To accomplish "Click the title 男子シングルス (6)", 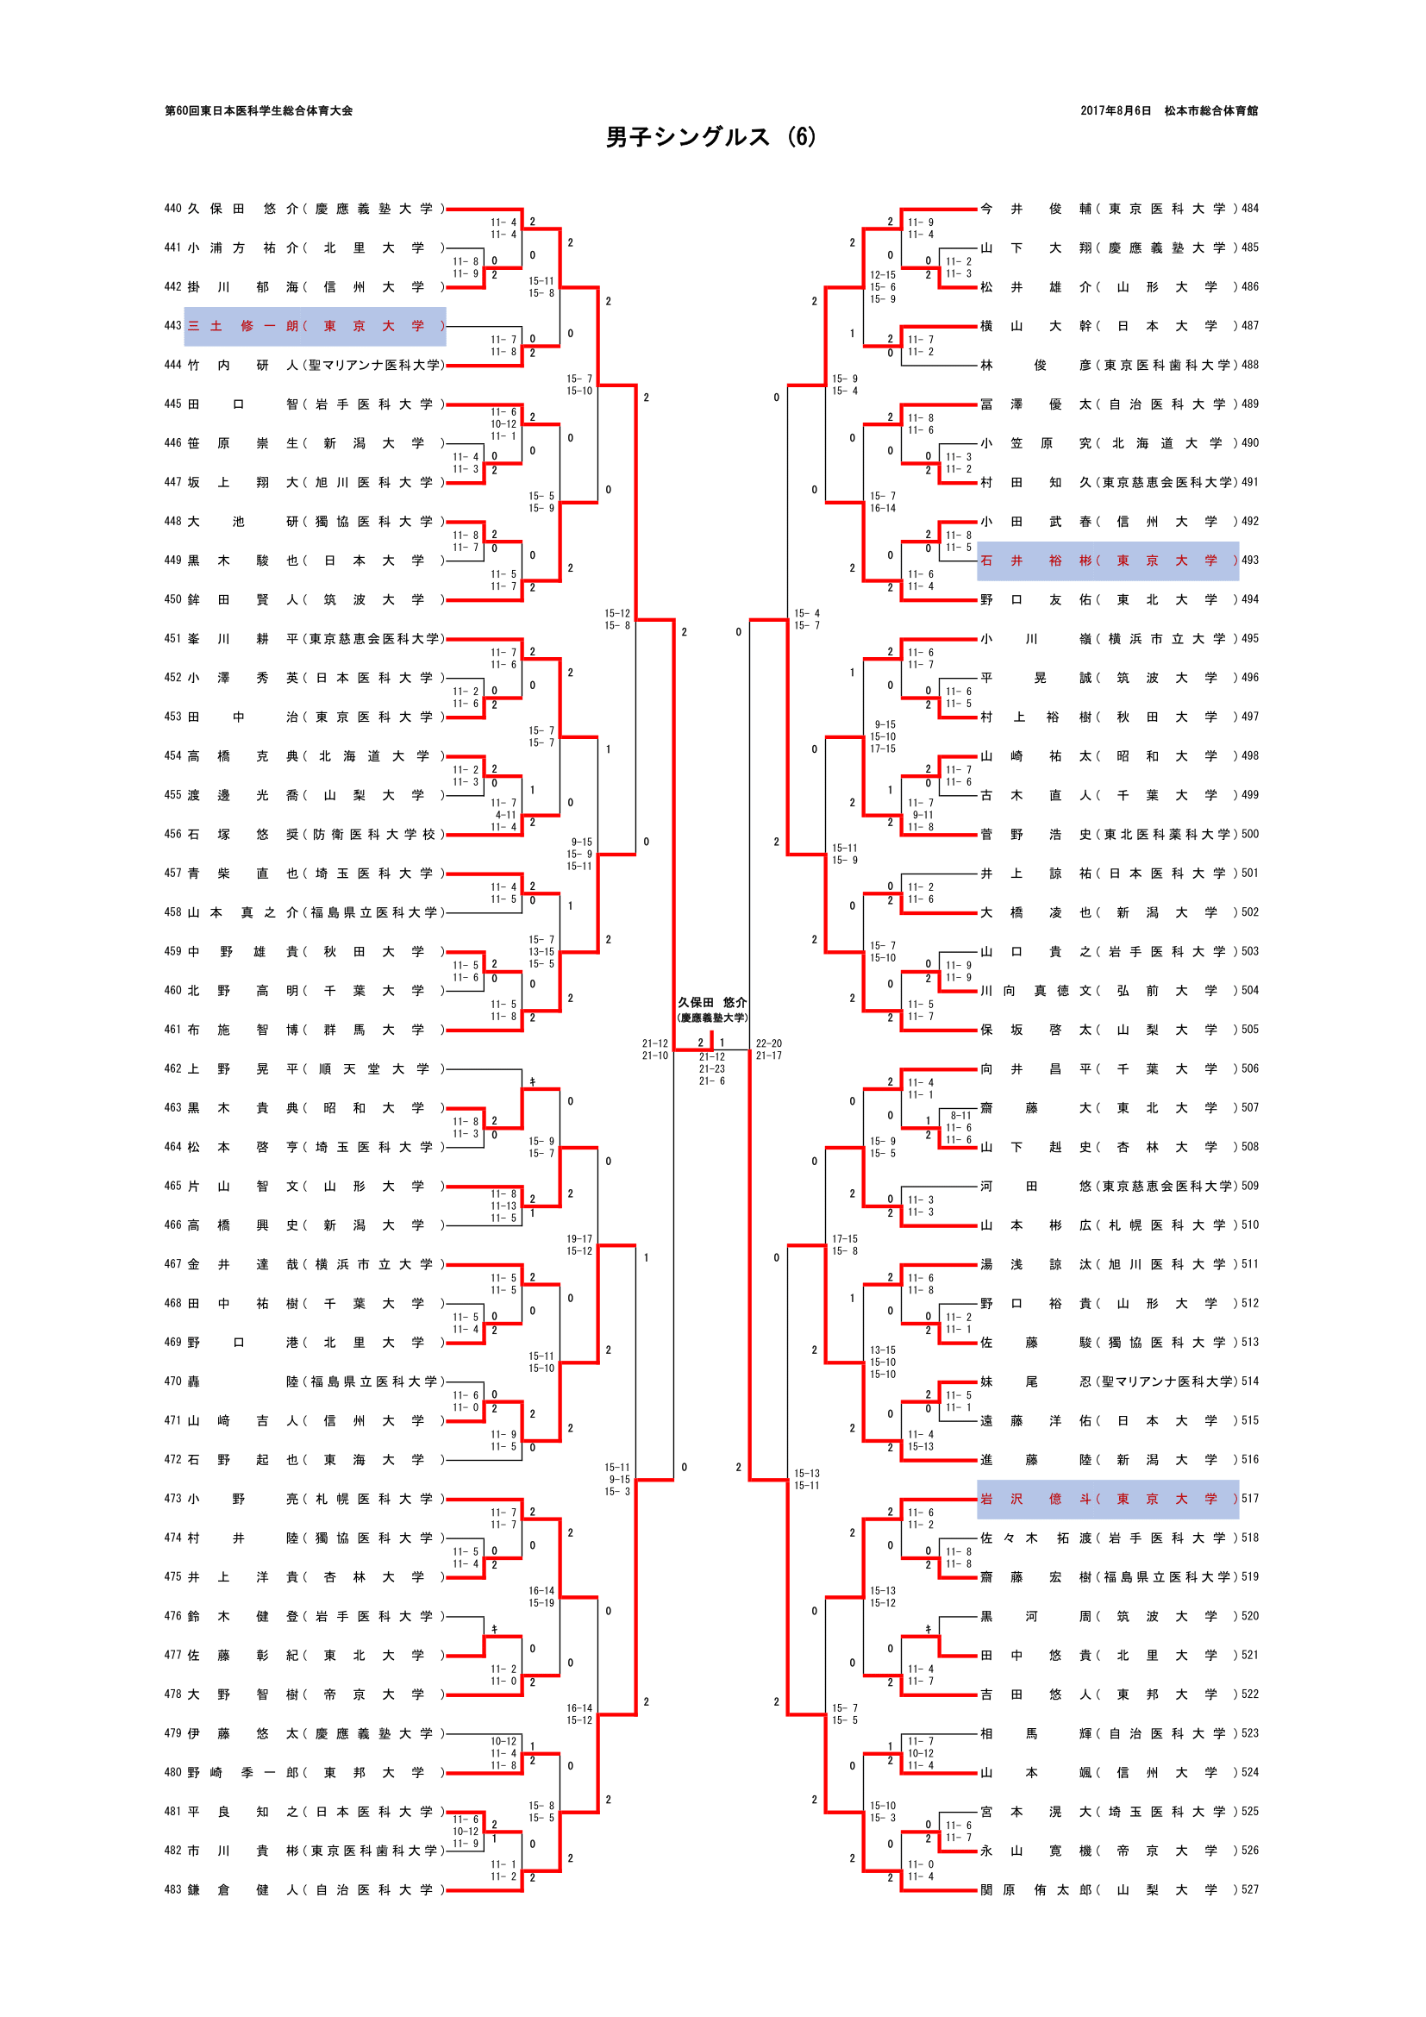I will [710, 138].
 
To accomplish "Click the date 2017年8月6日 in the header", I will [1115, 110].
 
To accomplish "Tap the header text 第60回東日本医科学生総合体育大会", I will [259, 110].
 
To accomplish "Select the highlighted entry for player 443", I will [316, 326].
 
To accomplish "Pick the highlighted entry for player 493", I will [1107, 561].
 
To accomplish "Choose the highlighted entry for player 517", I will [1107, 1499].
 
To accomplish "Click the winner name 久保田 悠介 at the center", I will [712, 1002].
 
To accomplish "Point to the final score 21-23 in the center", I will [712, 1069].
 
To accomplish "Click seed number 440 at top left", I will [172, 209].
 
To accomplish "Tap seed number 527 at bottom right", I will [1249, 1889].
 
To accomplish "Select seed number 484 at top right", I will [1249, 209].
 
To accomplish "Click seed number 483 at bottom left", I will [172, 1889].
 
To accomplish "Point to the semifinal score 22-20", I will [768, 1043].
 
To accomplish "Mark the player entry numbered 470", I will [303, 1381].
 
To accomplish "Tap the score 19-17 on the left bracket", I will [579, 1238].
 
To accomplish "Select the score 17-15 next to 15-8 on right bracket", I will [845, 1238].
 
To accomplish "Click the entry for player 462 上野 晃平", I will [303, 1069].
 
